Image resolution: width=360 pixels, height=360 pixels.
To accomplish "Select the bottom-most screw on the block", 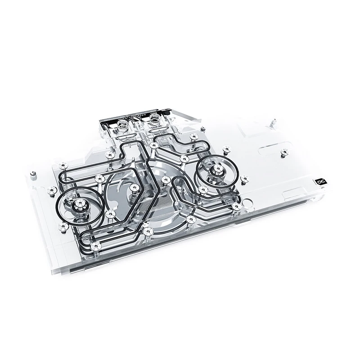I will (96, 247).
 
